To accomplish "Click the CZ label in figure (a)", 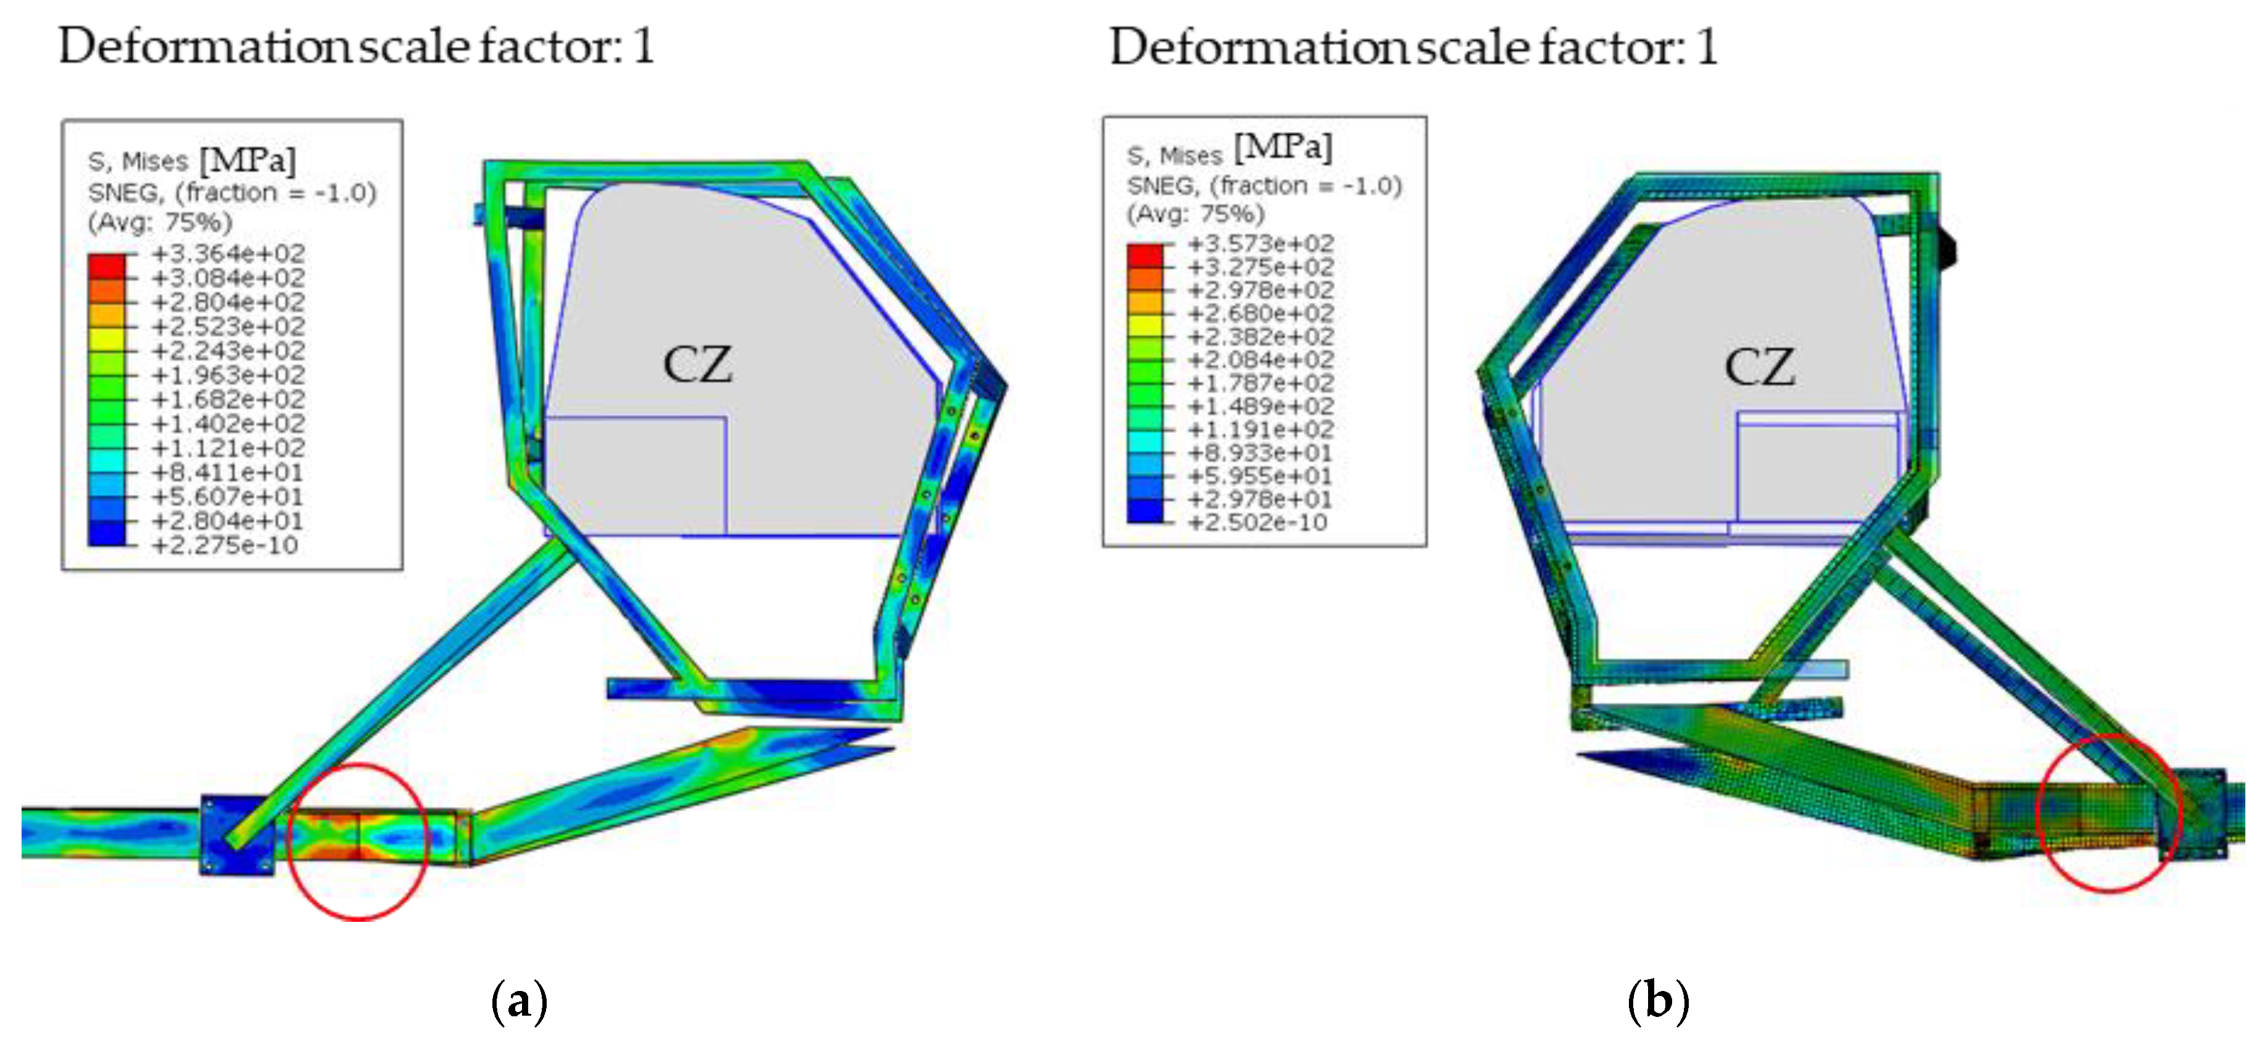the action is pos(697,364).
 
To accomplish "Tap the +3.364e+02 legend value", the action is pos(228,254).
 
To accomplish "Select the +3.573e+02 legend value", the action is pos(1260,243).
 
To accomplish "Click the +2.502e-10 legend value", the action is pos(1257,523).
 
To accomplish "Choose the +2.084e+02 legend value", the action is pos(1260,359).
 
